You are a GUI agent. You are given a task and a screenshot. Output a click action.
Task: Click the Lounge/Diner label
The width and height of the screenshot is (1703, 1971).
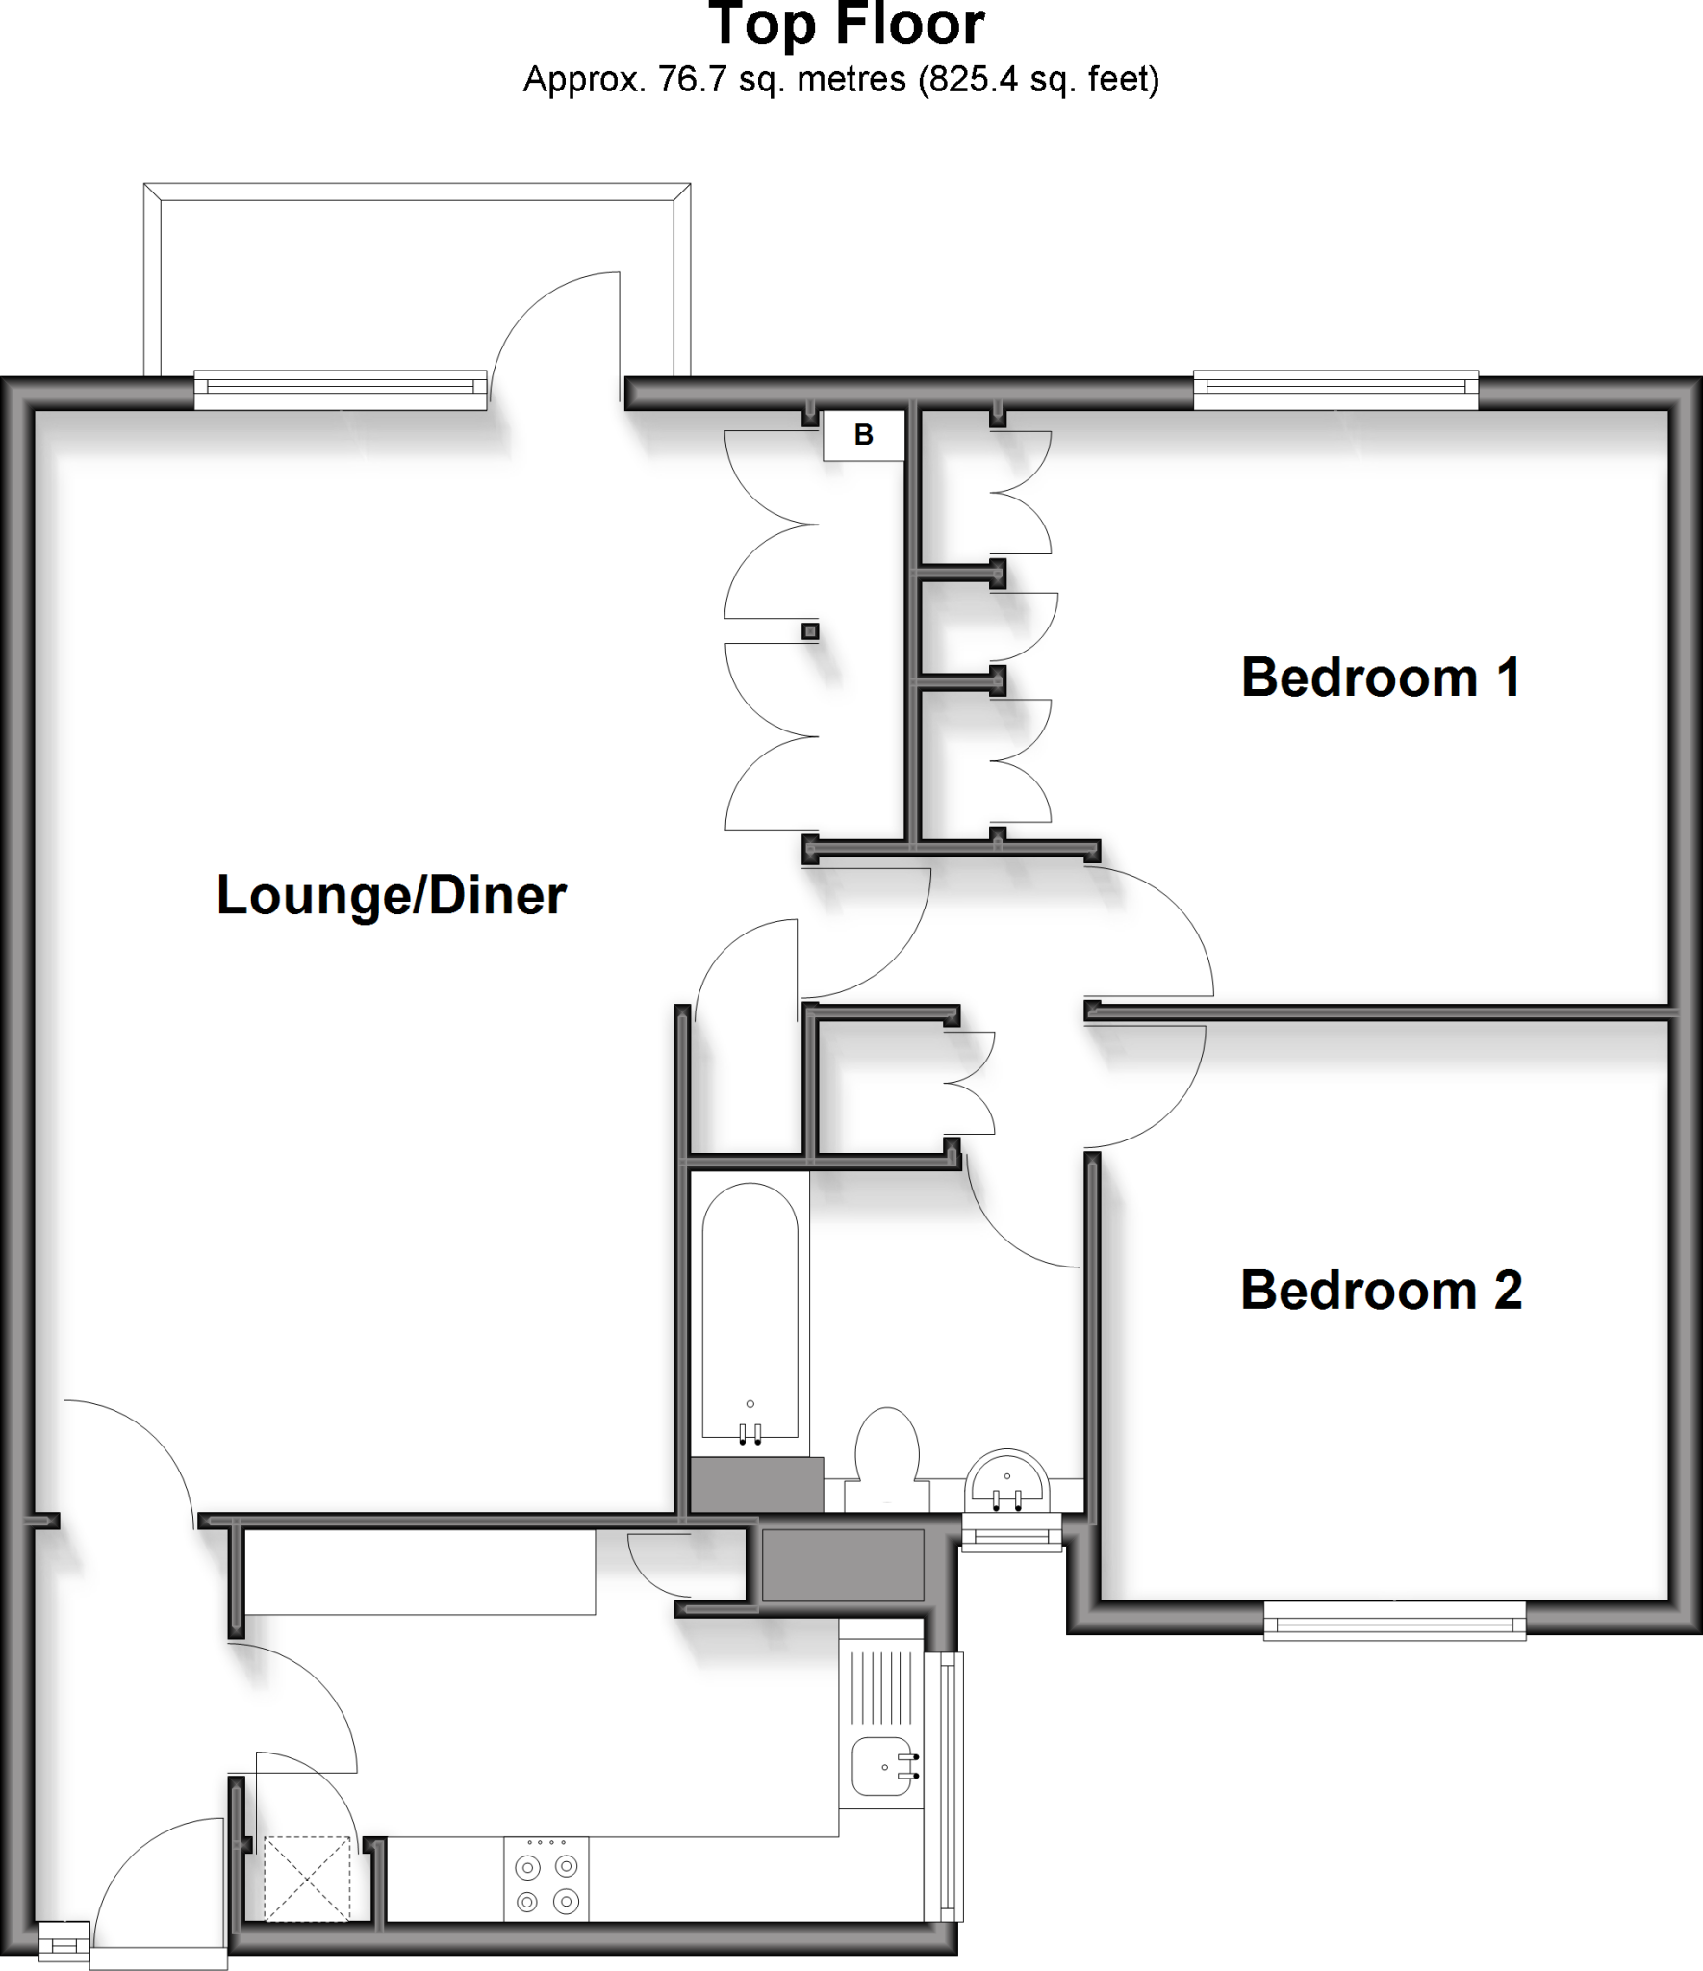pos(392,896)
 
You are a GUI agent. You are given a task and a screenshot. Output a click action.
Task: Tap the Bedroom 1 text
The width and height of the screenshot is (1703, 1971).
pos(1381,678)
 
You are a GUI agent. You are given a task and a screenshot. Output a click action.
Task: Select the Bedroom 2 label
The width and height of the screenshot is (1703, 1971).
pos(1381,1291)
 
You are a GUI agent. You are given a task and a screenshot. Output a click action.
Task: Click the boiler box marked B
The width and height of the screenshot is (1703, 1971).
pos(864,435)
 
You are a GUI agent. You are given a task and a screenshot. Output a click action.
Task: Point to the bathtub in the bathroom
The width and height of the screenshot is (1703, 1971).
pos(750,1328)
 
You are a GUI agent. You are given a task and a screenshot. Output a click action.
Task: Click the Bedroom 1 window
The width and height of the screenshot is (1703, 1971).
pos(1335,388)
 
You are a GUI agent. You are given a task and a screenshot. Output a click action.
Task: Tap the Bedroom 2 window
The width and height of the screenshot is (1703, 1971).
pos(1393,1622)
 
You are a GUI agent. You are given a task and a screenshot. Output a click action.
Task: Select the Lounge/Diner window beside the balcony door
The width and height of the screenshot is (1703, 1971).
pos(341,388)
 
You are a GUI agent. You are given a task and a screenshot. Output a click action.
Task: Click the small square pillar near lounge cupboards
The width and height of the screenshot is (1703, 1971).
pos(810,631)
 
